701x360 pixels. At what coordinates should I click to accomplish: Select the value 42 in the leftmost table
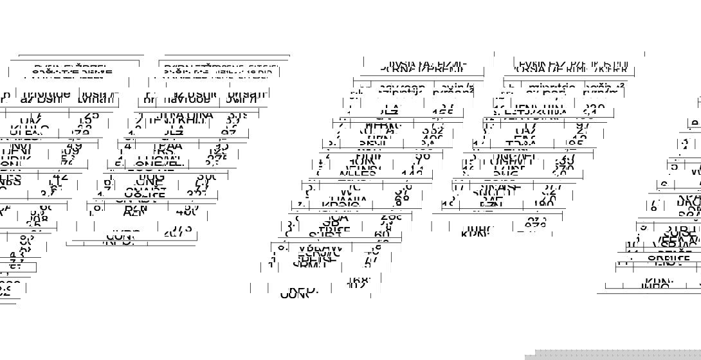coord(60,177)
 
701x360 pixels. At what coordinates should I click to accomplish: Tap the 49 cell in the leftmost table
coord(74,146)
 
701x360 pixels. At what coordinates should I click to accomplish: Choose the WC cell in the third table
coord(347,192)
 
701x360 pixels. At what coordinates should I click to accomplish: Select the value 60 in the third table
coord(381,233)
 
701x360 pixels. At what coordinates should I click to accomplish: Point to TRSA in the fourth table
coord(521,145)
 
